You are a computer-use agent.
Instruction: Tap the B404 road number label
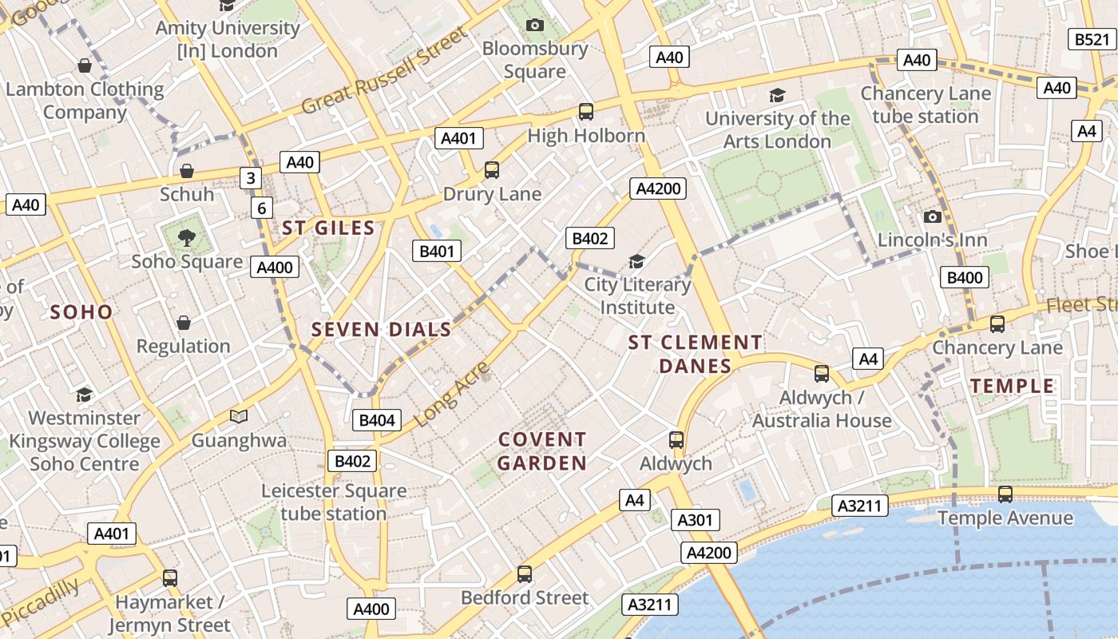point(376,420)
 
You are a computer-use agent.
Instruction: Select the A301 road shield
point(694,521)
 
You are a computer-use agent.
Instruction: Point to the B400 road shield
point(965,277)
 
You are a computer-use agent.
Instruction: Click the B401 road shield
point(436,252)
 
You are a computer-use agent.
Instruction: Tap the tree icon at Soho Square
point(187,237)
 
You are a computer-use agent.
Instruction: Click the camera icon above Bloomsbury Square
point(535,25)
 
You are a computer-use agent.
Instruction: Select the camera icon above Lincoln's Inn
point(932,216)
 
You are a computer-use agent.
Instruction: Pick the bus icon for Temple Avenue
point(1005,494)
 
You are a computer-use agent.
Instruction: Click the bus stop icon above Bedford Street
point(525,574)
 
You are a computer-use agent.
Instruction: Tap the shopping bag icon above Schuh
point(187,171)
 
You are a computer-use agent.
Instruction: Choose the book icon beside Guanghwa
point(238,416)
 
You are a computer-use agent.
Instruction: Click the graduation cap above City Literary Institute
point(636,261)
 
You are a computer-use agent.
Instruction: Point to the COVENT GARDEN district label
point(542,451)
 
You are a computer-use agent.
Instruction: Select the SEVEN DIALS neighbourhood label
point(381,329)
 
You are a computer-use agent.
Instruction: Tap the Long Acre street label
point(452,394)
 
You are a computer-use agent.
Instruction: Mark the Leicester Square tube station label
point(334,502)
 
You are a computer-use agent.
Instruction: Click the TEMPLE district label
point(1012,386)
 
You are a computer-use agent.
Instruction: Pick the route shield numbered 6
point(261,208)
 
